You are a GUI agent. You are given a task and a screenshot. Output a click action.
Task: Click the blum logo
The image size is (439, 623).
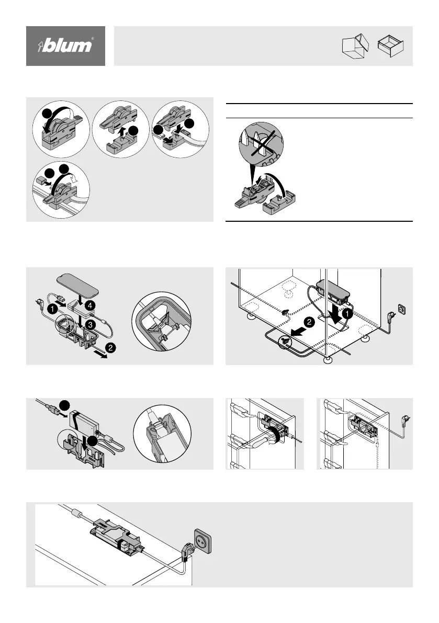(65, 46)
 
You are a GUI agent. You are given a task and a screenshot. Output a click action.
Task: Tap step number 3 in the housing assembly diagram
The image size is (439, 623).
(90, 325)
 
